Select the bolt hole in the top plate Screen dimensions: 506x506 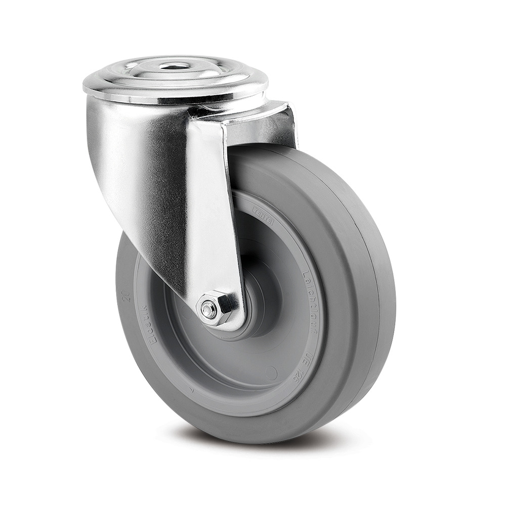(170, 66)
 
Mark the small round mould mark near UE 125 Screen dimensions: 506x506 (271, 373)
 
